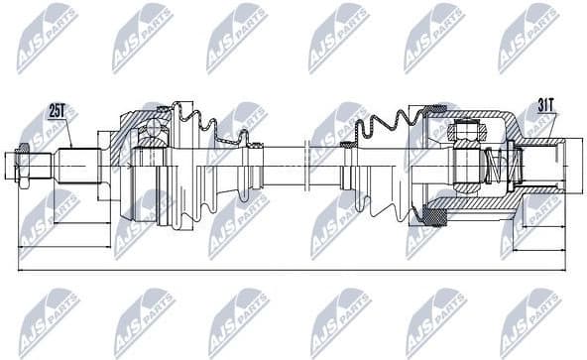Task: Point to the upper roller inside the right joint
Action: [x=465, y=128]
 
